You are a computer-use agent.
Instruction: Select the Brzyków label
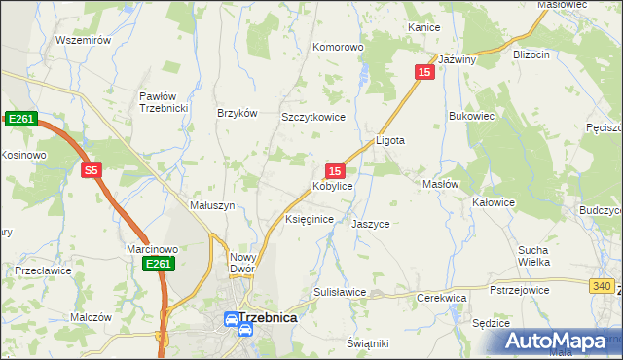(238, 113)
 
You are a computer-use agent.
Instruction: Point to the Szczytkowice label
(313, 116)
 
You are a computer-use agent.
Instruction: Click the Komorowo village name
(337, 46)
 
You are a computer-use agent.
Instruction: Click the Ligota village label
(390, 140)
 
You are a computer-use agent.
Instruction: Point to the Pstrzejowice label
(521, 290)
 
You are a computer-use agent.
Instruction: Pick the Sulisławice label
(339, 292)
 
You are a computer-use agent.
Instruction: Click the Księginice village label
(310, 220)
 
